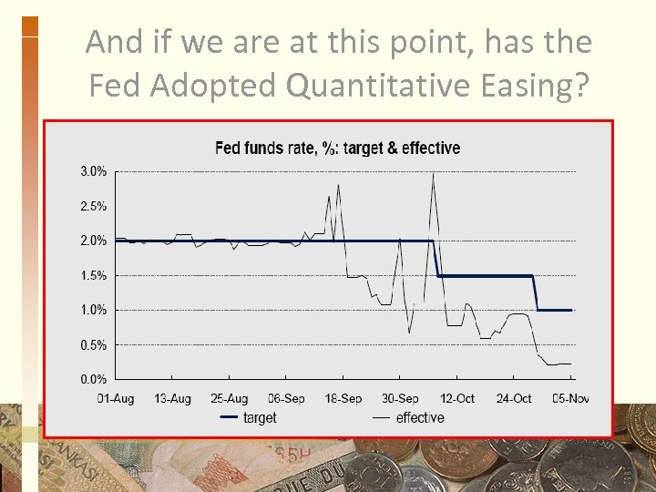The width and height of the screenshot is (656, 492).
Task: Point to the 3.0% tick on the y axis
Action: (x=92, y=171)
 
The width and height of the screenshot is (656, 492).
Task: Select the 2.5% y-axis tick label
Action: (x=92, y=206)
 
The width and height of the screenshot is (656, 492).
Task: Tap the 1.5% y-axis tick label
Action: (x=92, y=275)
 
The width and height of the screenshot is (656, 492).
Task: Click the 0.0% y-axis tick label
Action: (x=92, y=379)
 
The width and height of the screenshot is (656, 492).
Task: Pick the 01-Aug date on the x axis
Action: (x=116, y=398)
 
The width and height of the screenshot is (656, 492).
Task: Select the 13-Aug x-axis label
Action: (x=172, y=398)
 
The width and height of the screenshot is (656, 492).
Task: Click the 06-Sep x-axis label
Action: (x=286, y=398)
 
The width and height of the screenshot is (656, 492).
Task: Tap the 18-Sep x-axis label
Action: (x=343, y=398)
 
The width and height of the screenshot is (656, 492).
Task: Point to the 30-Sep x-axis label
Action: (x=400, y=398)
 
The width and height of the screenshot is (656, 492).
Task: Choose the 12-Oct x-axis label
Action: (x=457, y=398)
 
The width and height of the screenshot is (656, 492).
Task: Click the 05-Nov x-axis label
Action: (x=571, y=398)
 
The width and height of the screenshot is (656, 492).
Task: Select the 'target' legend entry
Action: (x=259, y=417)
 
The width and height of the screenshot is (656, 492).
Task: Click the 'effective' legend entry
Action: (x=420, y=417)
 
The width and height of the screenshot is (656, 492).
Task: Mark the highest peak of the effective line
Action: (x=433, y=174)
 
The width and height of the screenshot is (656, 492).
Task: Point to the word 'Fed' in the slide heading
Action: (x=116, y=85)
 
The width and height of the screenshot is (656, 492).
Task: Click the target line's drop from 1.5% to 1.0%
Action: (x=536, y=292)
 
